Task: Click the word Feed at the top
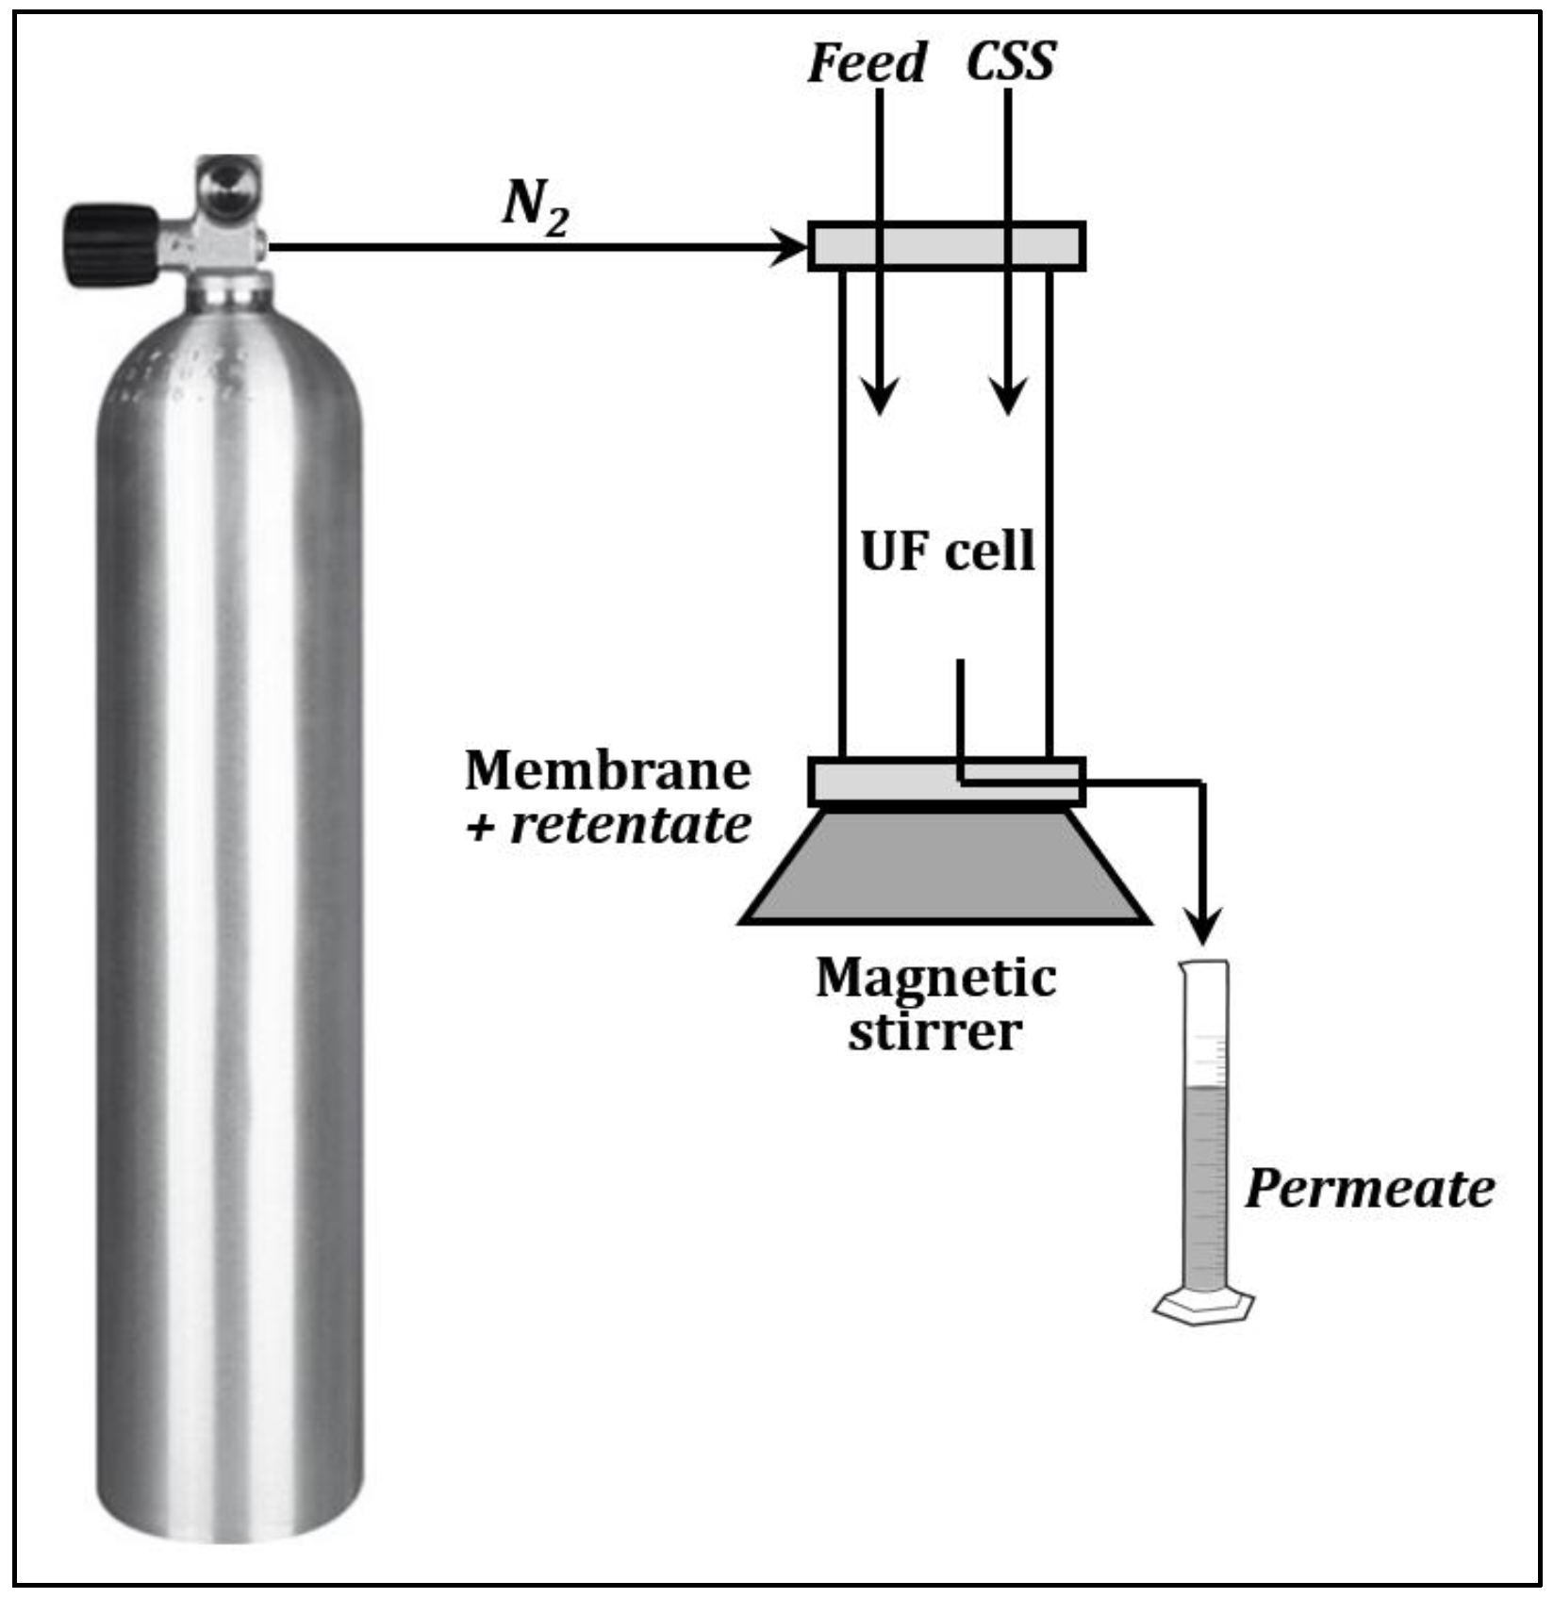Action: point(867,63)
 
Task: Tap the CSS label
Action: point(1010,61)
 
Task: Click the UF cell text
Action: point(947,551)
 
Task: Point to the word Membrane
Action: point(607,770)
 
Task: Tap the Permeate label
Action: point(1369,1189)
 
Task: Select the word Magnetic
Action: point(935,978)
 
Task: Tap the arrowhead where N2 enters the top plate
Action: point(790,247)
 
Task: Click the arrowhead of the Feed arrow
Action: point(880,396)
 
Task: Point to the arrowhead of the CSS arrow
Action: point(1008,396)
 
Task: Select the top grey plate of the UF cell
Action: point(947,247)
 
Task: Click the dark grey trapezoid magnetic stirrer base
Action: point(945,867)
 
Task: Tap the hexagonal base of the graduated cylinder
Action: point(1203,1307)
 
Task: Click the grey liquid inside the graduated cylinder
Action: point(1204,1188)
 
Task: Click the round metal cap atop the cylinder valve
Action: point(229,187)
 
